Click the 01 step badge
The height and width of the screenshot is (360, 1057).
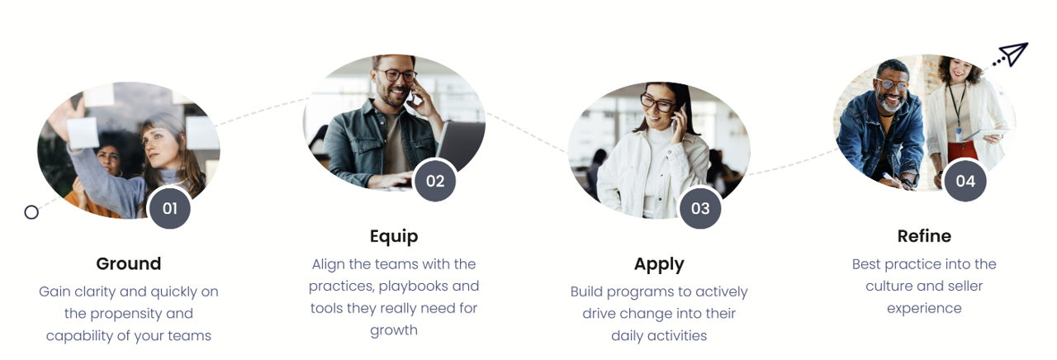pyautogui.click(x=169, y=208)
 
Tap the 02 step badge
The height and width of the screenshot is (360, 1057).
pyautogui.click(x=435, y=181)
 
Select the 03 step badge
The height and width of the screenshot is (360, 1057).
pyautogui.click(x=700, y=208)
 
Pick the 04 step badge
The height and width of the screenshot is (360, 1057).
pyautogui.click(x=965, y=181)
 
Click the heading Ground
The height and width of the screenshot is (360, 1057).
pyautogui.click(x=129, y=263)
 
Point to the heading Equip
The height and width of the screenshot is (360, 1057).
pyautogui.click(x=394, y=236)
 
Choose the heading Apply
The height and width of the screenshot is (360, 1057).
pyautogui.click(x=659, y=264)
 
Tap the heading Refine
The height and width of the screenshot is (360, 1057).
pyautogui.click(x=924, y=236)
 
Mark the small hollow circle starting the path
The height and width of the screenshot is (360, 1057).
pyautogui.click(x=31, y=212)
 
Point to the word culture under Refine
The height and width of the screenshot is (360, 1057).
pyautogui.click(x=893, y=286)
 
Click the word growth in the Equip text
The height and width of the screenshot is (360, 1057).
pyautogui.click(x=394, y=330)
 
